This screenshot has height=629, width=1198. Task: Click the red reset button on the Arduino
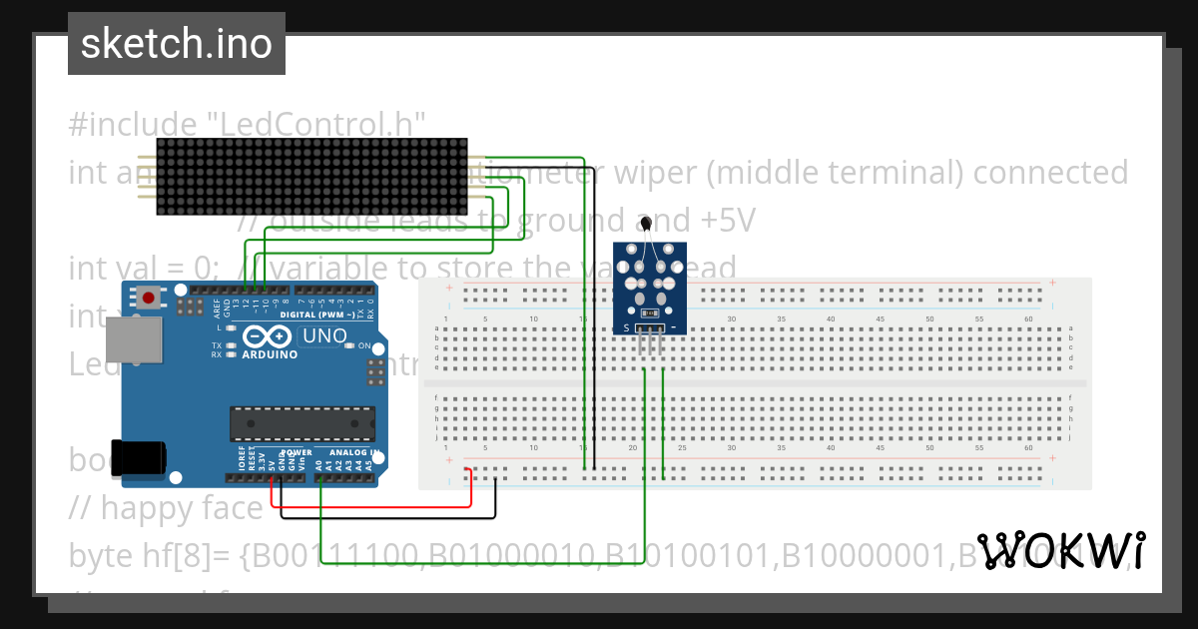point(149,297)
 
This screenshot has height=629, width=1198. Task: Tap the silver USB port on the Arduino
point(133,341)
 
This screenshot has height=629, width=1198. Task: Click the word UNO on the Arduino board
point(323,336)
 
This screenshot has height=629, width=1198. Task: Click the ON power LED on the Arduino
point(349,345)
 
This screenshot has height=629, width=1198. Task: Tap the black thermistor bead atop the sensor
point(647,223)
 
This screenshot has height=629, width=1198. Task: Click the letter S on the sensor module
point(626,327)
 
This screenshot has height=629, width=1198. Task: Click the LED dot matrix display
point(312,176)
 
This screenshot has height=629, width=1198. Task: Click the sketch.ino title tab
point(177,44)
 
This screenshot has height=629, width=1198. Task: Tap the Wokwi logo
point(1059,550)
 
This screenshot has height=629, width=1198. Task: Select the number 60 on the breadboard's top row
point(1028,319)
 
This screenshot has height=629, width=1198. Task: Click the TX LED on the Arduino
point(232,345)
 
